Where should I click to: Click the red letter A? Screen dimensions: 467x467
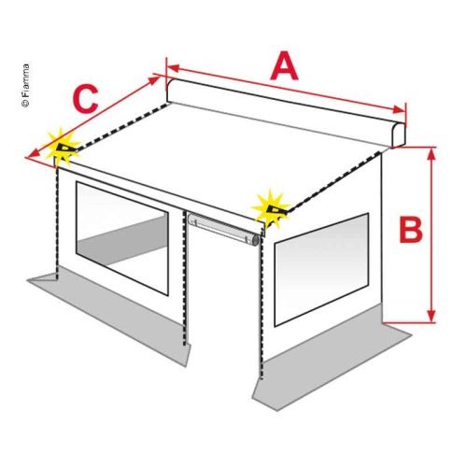(284, 66)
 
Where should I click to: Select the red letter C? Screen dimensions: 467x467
(85, 99)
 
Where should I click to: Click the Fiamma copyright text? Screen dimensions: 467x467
(26, 86)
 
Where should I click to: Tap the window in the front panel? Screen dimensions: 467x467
(122, 238)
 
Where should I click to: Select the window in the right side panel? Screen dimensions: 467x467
(321, 270)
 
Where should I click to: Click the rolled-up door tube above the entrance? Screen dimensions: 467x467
(224, 229)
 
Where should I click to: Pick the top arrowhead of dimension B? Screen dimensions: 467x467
(431, 155)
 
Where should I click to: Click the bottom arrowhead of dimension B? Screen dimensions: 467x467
(431, 316)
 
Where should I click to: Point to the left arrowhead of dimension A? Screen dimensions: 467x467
(174, 68)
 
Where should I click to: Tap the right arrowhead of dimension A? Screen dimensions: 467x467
(399, 109)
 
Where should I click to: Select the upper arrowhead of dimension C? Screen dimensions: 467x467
(155, 79)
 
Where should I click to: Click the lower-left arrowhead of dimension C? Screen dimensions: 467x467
(32, 153)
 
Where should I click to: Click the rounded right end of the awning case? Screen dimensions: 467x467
(399, 134)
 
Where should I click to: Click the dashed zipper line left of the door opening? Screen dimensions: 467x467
(185, 278)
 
